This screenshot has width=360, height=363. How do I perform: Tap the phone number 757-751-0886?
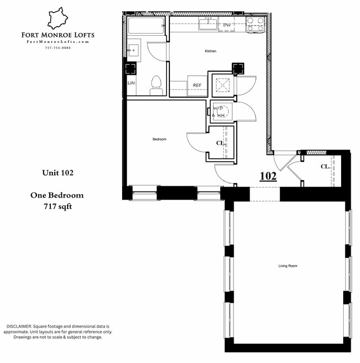(58, 47)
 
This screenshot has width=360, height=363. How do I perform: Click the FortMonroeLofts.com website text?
(58, 42)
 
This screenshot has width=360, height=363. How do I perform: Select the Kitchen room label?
(210, 51)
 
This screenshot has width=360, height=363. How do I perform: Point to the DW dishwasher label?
(227, 25)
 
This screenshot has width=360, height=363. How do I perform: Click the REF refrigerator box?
(197, 85)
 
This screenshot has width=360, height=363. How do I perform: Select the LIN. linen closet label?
(131, 83)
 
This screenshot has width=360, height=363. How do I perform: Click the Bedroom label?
(159, 139)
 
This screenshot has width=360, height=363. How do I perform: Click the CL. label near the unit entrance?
(325, 166)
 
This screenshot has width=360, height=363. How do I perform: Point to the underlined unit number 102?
(268, 175)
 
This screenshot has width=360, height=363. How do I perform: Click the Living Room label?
(288, 266)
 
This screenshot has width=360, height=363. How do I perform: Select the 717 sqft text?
(57, 206)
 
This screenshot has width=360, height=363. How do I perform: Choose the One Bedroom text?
(57, 195)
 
